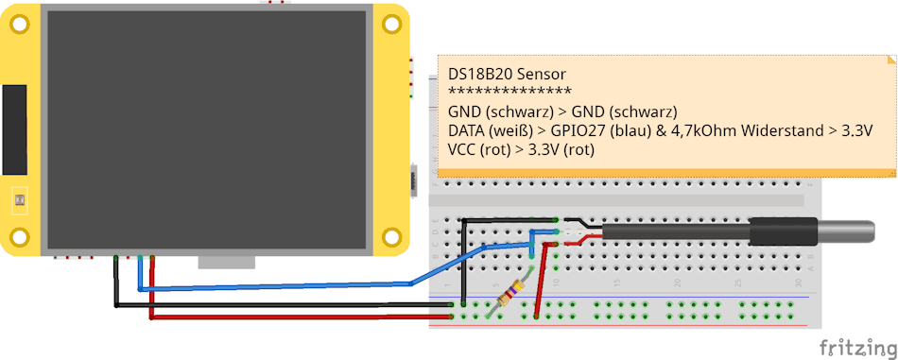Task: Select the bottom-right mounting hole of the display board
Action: pos(389,235)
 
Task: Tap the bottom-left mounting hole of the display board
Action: pos(18,235)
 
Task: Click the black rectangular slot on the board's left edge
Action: pos(14,129)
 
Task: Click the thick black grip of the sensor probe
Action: pos(781,231)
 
